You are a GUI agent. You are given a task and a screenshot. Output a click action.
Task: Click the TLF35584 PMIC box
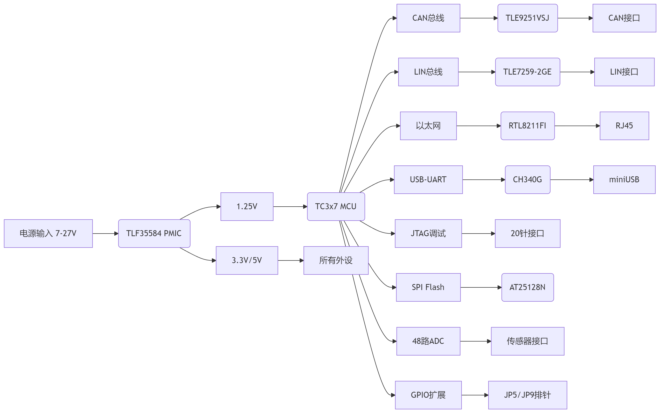[154, 233]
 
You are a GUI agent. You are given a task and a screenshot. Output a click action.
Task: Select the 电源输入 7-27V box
[48, 233]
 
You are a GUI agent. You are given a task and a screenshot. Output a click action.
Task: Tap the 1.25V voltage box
[247, 207]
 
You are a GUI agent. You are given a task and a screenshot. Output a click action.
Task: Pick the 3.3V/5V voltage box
[247, 260]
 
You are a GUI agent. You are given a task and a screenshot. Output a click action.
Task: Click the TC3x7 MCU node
[336, 207]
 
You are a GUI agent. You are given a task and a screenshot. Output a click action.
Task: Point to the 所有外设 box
[336, 260]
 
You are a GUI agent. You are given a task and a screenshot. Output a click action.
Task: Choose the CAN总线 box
[428, 18]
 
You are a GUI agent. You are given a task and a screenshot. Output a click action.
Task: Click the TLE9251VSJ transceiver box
[527, 18]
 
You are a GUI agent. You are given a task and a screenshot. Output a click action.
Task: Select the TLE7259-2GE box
[527, 72]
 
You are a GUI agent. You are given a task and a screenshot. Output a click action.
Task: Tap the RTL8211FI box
[527, 126]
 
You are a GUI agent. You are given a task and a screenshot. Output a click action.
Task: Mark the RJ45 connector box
[624, 126]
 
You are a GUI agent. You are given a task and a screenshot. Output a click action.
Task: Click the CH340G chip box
[527, 179]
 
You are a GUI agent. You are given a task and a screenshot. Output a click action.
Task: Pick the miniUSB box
[624, 179]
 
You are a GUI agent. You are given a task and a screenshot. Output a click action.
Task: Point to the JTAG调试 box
[428, 233]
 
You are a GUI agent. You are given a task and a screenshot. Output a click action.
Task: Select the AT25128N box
[527, 287]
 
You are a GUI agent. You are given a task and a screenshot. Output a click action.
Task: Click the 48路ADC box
[428, 341]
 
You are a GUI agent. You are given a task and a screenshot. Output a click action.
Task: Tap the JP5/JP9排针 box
[527, 395]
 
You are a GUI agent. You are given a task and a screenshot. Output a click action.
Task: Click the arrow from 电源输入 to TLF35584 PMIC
[105, 234]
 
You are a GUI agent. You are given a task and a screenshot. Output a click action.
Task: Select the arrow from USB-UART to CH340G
[484, 180]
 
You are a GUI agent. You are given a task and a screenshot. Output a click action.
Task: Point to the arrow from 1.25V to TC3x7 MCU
[290, 207]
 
